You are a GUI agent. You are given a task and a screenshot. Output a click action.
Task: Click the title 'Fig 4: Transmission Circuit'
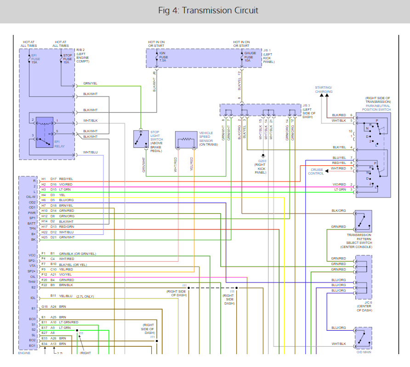coord(208,11)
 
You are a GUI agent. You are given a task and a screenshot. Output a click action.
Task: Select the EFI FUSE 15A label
coord(35,59)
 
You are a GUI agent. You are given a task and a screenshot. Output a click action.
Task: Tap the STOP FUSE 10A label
coord(68,59)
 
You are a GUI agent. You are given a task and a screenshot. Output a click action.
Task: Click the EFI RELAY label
coord(59,144)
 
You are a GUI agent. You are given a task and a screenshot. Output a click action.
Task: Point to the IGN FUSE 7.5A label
coord(164,56)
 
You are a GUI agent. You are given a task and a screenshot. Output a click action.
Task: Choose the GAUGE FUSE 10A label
coord(250,56)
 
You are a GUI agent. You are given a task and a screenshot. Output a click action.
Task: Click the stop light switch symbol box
coord(141,139)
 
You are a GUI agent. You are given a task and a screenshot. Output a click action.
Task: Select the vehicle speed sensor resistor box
coord(186,140)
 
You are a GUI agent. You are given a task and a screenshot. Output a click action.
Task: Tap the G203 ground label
coord(262,161)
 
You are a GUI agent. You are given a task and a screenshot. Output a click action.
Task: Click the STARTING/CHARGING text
coord(324,90)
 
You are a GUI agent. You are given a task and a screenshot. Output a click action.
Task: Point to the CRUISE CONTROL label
coord(316,171)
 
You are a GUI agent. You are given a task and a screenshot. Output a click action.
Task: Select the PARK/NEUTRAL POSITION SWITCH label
coord(376,107)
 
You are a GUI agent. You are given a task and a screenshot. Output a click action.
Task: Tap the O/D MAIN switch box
coord(364,338)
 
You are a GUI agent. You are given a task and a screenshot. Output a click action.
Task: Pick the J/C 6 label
coord(369,302)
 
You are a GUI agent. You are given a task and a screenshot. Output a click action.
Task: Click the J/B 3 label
coord(306,106)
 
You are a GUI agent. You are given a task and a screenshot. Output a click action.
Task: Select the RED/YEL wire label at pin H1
coord(66,179)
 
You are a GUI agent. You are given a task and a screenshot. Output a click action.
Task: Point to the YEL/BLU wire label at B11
coord(66,296)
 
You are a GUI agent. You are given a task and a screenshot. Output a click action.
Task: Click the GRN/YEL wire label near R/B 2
coord(90,83)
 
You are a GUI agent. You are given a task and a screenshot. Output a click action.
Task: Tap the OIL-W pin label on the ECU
coord(31,197)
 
